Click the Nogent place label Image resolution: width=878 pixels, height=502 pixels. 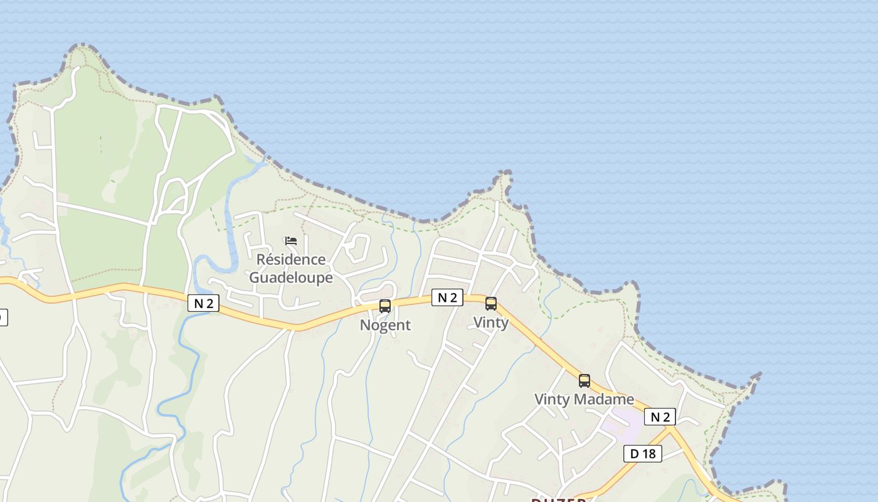[385, 325]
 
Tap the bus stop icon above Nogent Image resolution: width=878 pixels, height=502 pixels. [385, 306]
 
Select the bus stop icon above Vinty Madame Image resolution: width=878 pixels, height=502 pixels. [584, 380]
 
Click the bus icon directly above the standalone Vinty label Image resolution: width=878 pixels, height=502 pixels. [491, 304]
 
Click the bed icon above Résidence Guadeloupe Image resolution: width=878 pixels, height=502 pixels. [290, 241]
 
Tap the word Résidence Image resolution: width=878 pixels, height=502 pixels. [291, 259]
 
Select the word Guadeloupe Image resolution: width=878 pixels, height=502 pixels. [291, 277]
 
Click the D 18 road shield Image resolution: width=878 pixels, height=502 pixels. [643, 453]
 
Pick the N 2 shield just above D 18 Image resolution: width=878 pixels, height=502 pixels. [660, 417]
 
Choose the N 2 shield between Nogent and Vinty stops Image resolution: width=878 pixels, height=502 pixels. [447, 297]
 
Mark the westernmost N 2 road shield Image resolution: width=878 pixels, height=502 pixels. [203, 304]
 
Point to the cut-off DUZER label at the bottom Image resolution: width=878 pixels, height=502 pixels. [559, 499]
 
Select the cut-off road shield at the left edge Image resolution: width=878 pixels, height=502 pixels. [3, 318]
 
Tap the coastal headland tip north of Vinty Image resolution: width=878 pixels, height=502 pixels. [505, 174]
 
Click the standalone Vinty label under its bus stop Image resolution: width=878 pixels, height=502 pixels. [491, 322]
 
